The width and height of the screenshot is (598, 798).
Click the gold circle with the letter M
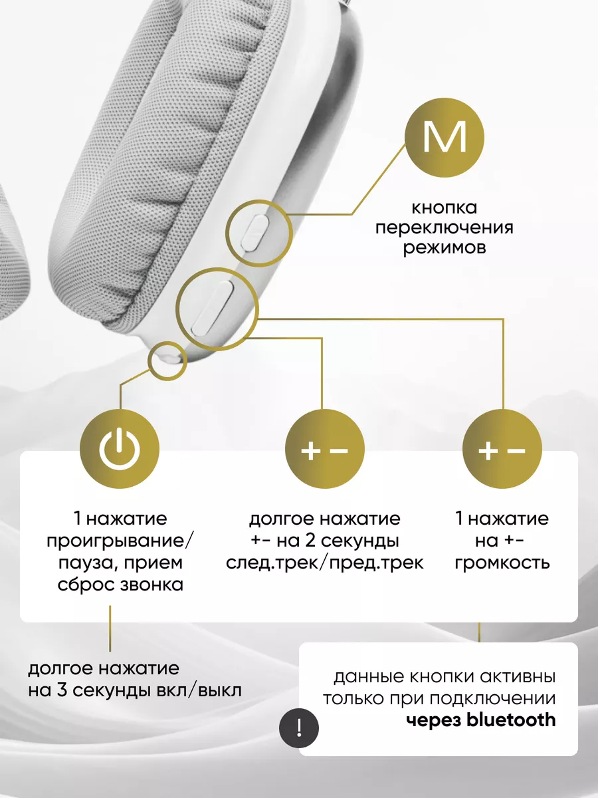pyautogui.click(x=445, y=138)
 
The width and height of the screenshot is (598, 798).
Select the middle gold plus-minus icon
pyautogui.click(x=324, y=450)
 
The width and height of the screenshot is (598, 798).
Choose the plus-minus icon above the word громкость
pyautogui.click(x=502, y=450)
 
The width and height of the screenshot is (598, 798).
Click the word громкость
pyautogui.click(x=502, y=562)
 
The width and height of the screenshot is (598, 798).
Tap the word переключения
pyautogui.click(x=445, y=228)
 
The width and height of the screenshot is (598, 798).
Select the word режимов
pyautogui.click(x=445, y=248)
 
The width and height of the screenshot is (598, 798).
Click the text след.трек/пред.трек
pyautogui.click(x=324, y=562)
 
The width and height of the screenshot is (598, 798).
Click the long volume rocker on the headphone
pyautogui.click(x=211, y=307)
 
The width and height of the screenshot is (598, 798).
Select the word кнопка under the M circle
pyautogui.click(x=445, y=208)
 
